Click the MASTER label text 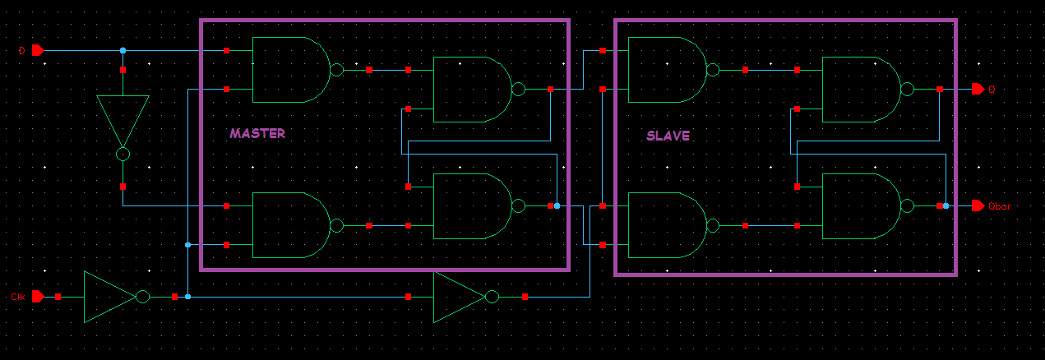(257, 133)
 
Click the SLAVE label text (668, 136)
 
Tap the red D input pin (37, 50)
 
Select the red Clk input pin (37, 297)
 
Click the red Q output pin (977, 89)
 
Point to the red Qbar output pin (977, 205)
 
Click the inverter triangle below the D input (123, 120)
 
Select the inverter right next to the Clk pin (110, 297)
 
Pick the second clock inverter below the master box (460, 297)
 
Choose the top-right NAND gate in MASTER (471, 89)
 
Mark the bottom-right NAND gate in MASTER (471, 205)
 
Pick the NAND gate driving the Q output (861, 89)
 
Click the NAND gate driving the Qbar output (861, 205)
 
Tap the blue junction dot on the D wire (123, 50)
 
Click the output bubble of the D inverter (123, 154)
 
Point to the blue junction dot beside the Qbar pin (946, 205)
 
